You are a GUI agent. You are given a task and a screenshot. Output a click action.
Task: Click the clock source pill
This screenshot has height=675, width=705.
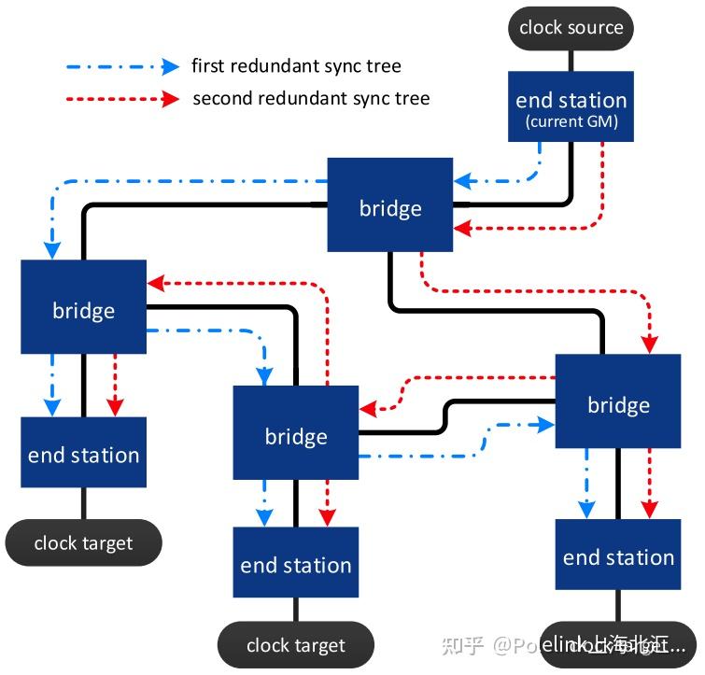coord(571,28)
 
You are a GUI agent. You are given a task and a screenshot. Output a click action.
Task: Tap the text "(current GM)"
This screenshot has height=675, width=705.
coord(571,122)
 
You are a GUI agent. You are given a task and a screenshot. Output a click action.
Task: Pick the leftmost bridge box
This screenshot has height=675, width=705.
coord(83,307)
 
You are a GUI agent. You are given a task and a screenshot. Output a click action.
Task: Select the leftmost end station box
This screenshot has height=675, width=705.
coord(83,453)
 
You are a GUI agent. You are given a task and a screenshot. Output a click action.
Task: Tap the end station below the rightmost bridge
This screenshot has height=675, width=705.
coord(617,556)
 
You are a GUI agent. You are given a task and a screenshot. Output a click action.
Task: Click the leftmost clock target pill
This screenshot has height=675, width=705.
coord(83,542)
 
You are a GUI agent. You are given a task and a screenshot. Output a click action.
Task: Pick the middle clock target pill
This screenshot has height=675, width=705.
coord(295,644)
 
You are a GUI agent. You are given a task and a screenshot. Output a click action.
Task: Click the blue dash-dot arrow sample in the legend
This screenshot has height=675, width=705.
coord(122,66)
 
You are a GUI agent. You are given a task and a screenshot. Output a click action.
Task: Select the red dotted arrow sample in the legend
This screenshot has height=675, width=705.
coord(122,98)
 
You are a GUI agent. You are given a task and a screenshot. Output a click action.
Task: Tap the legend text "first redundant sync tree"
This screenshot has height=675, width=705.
coord(296,66)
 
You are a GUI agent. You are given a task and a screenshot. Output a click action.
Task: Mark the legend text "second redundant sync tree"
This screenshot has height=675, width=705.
coord(310,98)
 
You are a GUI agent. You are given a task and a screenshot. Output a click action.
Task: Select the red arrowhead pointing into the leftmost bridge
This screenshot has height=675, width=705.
coord(156,282)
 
